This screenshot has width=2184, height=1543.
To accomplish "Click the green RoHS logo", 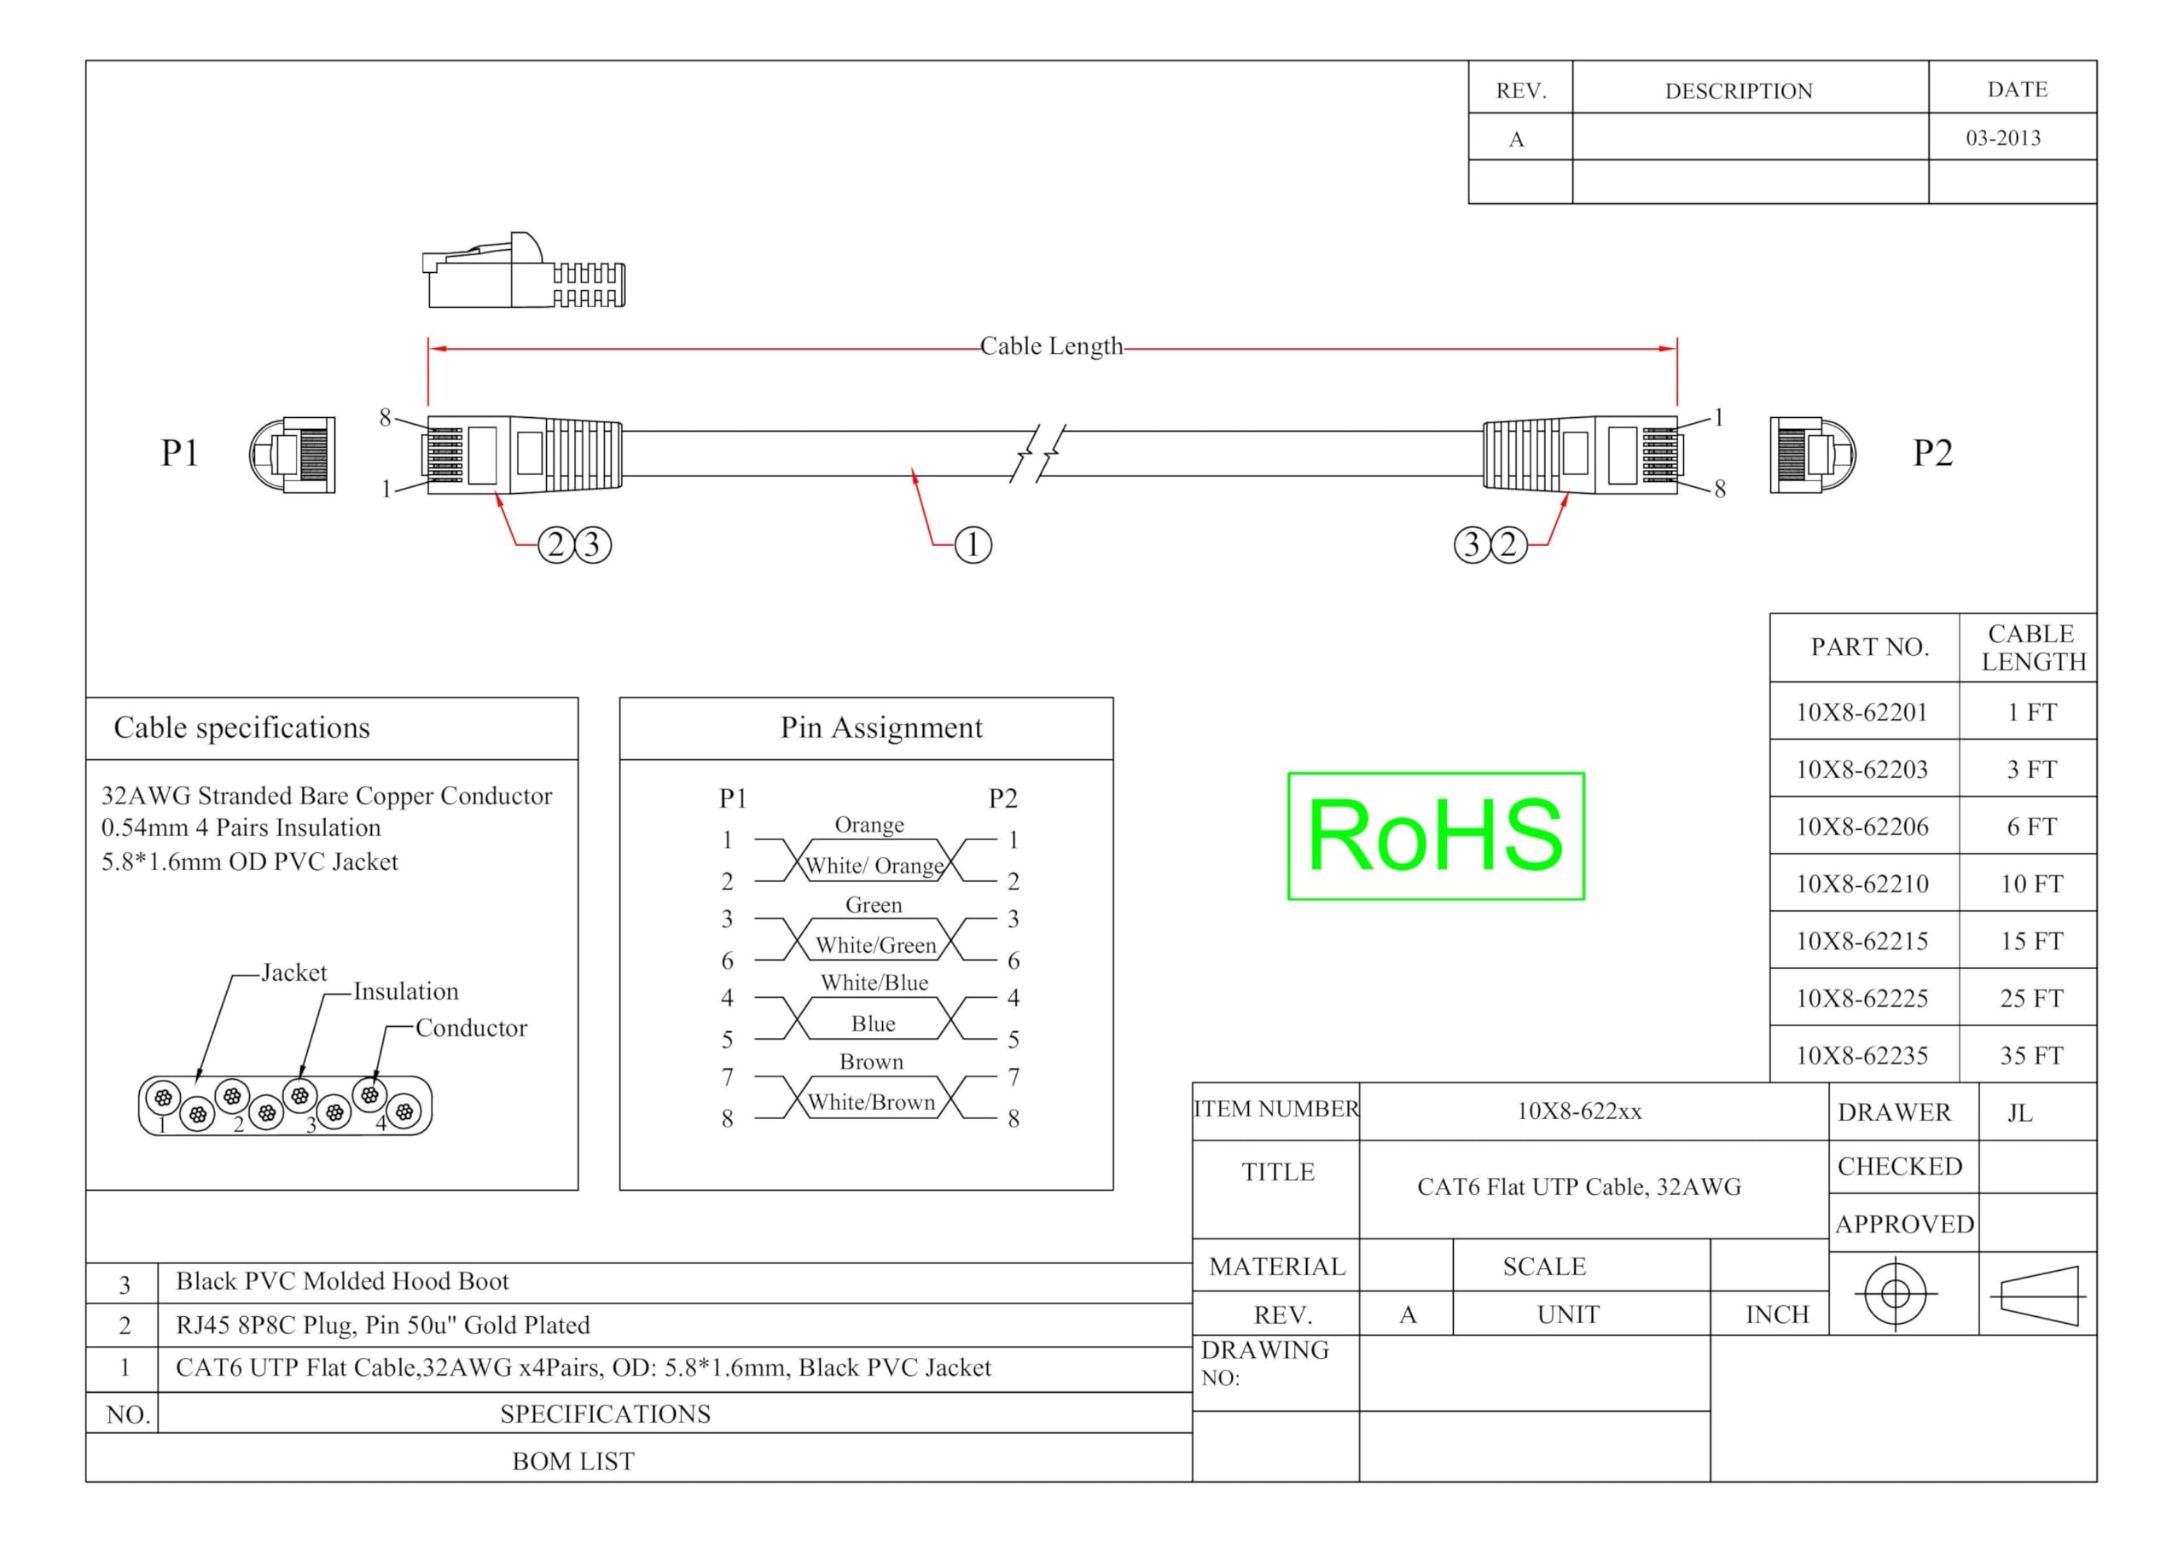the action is point(1436,835).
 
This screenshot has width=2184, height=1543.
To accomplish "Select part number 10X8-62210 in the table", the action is point(1862,884).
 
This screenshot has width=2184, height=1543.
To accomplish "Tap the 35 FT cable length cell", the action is point(2030,1055).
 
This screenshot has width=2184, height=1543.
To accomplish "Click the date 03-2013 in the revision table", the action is point(2003,138).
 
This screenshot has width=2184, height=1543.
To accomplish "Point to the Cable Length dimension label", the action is point(1051,346).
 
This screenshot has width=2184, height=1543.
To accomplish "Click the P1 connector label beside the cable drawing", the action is point(179,453).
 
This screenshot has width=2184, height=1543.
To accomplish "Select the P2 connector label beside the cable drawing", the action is point(1933,453).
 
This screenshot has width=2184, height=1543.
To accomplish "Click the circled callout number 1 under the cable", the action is point(973,545).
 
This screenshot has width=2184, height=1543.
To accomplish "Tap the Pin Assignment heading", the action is point(880,728).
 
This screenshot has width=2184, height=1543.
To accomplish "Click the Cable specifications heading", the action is point(241,728).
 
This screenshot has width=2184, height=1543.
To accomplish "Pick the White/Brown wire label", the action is point(871,1103).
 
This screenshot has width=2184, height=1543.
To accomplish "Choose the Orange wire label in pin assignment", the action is point(869,825).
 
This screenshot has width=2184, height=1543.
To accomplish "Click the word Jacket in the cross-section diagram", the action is point(294,972).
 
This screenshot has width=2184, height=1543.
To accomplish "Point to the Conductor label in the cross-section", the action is point(471,1028).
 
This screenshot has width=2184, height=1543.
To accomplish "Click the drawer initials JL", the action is point(2019,1113).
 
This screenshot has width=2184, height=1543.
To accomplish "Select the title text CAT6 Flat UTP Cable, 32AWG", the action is point(1579,1187).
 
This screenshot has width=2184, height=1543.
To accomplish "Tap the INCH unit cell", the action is point(1777,1314).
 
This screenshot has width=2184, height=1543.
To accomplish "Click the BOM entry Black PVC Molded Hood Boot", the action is point(342,1281).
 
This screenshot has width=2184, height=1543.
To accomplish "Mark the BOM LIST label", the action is point(572,1461).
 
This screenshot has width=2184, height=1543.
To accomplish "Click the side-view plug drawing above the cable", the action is point(524,270).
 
